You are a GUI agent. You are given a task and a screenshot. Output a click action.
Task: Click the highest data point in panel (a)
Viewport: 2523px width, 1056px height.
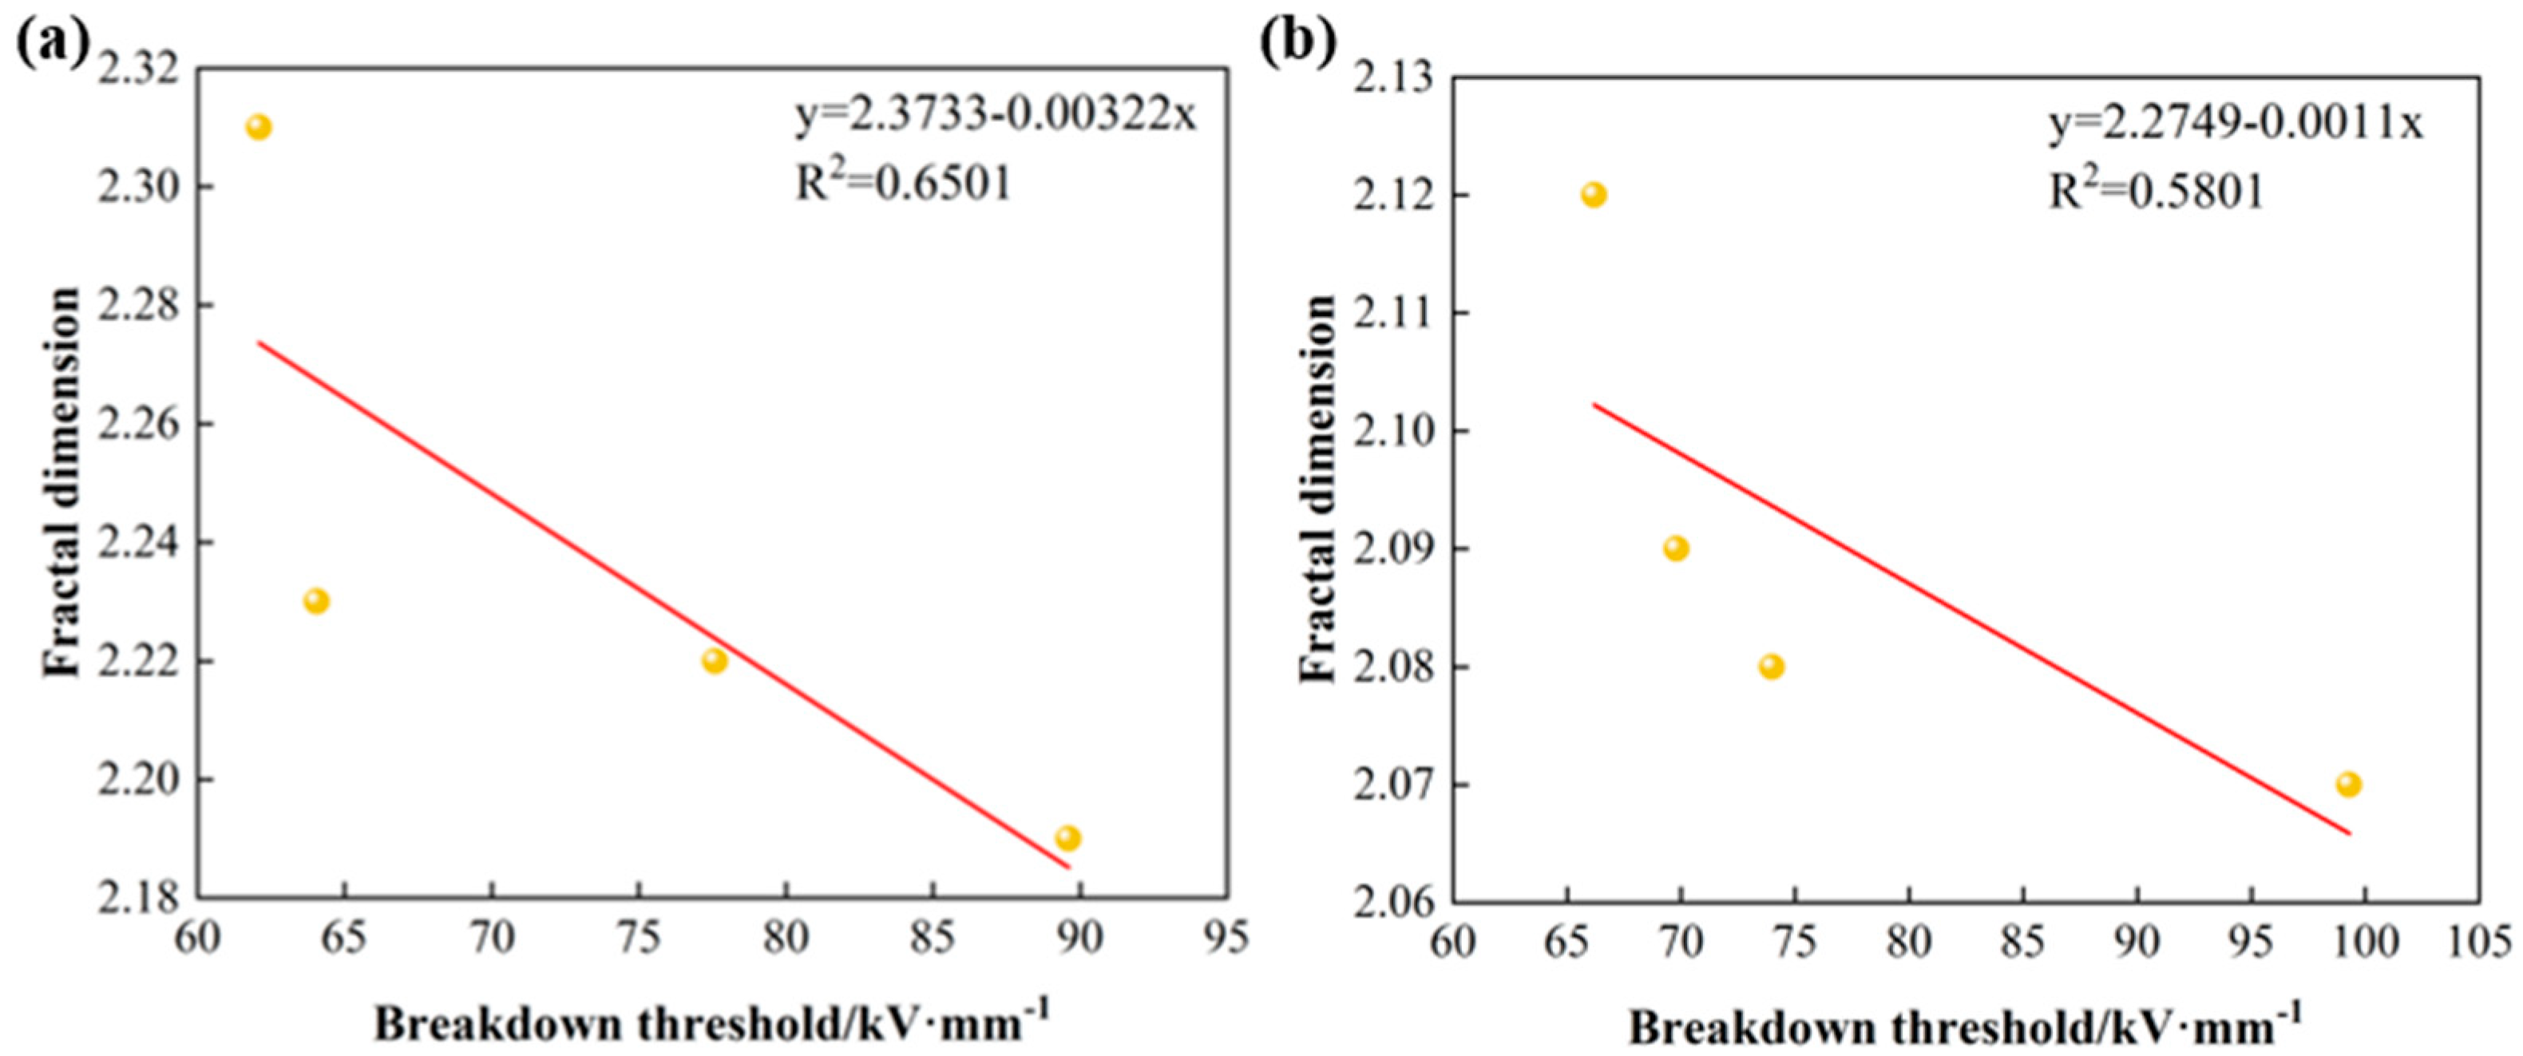(259, 128)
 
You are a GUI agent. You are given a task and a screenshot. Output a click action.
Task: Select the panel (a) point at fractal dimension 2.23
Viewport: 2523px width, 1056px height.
(315, 600)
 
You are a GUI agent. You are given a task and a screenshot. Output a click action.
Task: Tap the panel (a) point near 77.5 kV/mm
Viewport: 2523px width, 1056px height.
(715, 660)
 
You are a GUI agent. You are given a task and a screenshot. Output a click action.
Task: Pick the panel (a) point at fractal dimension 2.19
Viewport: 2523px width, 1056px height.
(1067, 837)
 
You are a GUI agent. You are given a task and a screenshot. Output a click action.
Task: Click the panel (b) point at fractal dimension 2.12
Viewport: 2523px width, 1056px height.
(1594, 195)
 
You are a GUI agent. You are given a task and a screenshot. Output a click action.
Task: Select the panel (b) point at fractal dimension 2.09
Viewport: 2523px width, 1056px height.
(1676, 548)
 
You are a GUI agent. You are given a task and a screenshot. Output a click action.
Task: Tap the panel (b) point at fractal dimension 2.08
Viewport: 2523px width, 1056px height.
(1771, 667)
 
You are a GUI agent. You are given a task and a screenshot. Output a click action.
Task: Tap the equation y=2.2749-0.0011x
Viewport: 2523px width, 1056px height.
(2235, 125)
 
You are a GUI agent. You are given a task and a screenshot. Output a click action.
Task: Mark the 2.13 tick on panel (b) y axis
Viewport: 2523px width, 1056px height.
(1392, 77)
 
